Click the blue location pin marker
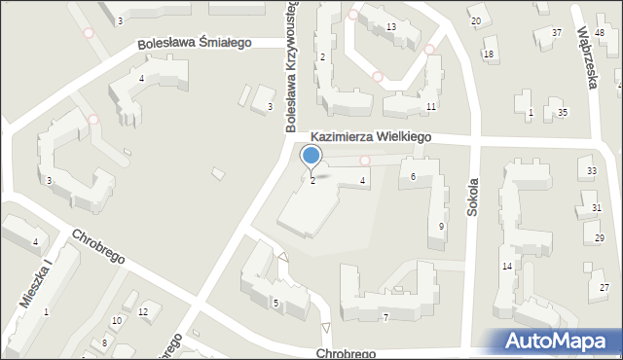click(x=311, y=156)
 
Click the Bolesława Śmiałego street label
click(x=194, y=43)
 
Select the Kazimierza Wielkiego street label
click(x=371, y=138)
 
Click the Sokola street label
click(x=473, y=196)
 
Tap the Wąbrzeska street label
click(x=586, y=60)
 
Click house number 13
click(x=390, y=26)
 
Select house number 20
click(x=475, y=20)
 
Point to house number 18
click(x=489, y=54)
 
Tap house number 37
click(x=557, y=33)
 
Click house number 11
click(x=430, y=105)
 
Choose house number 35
click(x=563, y=113)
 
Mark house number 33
click(x=592, y=171)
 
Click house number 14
click(x=507, y=266)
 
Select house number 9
click(x=442, y=227)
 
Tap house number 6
click(x=414, y=176)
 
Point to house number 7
click(x=385, y=317)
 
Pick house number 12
click(x=143, y=311)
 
